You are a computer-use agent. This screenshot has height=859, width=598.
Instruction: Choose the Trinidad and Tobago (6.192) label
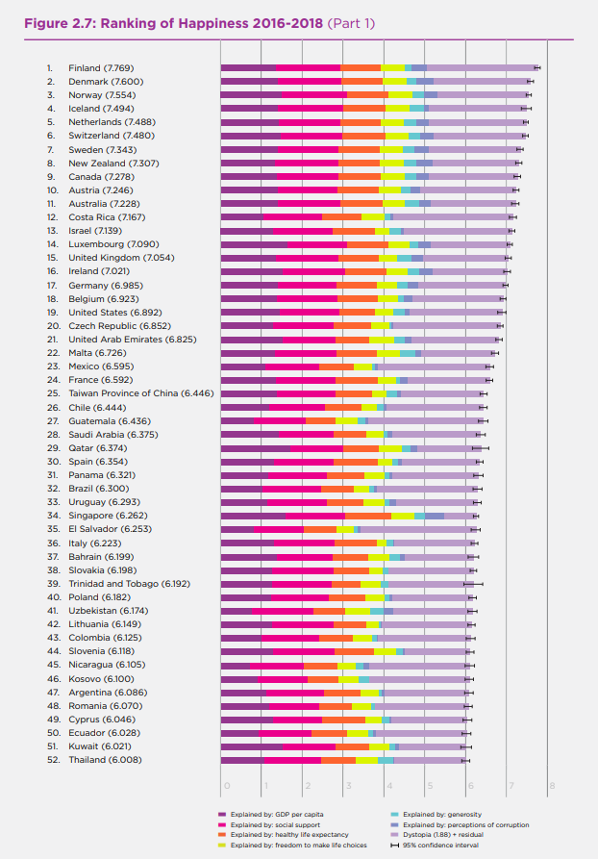click(x=129, y=583)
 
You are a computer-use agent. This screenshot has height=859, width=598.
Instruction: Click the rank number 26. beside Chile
click(x=52, y=407)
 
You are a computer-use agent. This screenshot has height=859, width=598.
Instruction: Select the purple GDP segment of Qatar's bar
click(x=255, y=448)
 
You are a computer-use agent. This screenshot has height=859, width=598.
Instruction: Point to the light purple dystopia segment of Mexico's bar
click(x=434, y=366)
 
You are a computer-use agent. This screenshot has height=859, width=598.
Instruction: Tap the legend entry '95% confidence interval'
click(x=439, y=845)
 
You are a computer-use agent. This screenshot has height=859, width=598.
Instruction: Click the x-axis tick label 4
click(x=388, y=787)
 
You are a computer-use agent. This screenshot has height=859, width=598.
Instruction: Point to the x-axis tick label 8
click(x=552, y=787)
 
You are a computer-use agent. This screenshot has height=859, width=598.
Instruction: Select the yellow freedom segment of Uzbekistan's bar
click(x=358, y=611)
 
